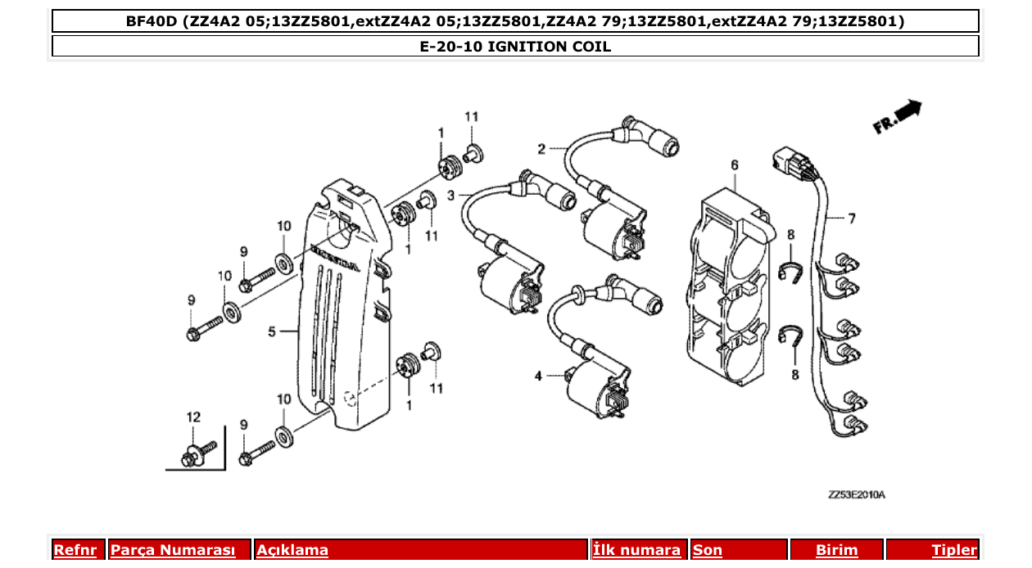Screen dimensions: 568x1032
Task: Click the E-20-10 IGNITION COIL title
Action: click(x=515, y=47)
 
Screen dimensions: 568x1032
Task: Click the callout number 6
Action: click(x=735, y=165)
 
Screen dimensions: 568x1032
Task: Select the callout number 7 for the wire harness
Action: click(x=851, y=219)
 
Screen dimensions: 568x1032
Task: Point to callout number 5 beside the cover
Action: click(x=271, y=332)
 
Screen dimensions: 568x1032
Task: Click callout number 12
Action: click(x=193, y=417)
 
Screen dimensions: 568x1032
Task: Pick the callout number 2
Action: click(x=541, y=149)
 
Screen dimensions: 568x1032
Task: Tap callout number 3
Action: click(x=450, y=196)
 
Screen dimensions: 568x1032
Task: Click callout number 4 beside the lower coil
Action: click(x=538, y=376)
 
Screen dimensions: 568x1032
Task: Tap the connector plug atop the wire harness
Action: click(x=790, y=162)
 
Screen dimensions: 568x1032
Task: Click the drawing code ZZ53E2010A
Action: click(x=857, y=495)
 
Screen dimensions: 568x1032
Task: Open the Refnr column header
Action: click(x=75, y=550)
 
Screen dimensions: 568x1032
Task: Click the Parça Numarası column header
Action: click(x=173, y=550)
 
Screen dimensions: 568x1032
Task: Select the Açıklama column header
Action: click(x=292, y=550)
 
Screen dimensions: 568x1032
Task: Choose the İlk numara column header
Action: click(x=636, y=550)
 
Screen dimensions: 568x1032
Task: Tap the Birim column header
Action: click(x=836, y=550)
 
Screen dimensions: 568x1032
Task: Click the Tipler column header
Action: click(x=954, y=550)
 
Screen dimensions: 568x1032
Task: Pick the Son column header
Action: click(x=708, y=550)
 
